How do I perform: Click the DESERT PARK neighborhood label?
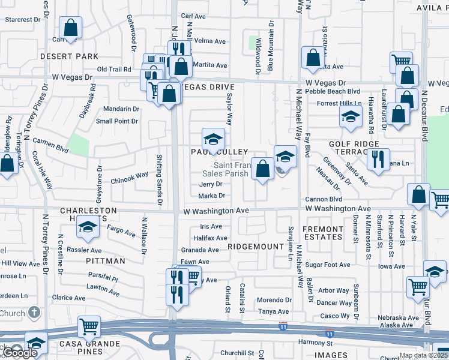click(x=69, y=56)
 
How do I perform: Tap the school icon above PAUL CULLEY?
click(x=212, y=140)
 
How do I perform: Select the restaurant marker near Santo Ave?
click(x=378, y=160)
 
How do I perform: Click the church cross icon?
click(x=34, y=313)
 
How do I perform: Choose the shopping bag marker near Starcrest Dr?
click(x=70, y=28)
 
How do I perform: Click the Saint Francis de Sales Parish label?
click(x=232, y=169)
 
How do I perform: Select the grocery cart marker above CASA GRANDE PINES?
click(x=89, y=327)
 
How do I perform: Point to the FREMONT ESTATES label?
click(x=323, y=233)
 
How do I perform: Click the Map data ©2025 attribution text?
click(x=423, y=356)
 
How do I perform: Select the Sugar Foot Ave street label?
click(x=327, y=265)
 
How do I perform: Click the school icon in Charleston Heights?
click(x=88, y=228)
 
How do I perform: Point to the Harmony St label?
click(x=315, y=343)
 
